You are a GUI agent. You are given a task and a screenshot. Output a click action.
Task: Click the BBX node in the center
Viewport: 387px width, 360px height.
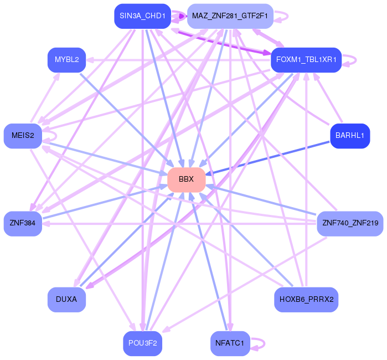click(x=186, y=179)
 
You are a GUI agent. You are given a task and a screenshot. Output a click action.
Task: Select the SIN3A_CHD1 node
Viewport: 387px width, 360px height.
click(x=142, y=16)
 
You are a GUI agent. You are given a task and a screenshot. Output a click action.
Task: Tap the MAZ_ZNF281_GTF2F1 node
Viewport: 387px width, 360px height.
click(x=230, y=16)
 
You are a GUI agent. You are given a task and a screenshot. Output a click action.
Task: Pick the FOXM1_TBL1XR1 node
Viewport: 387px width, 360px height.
click(x=306, y=60)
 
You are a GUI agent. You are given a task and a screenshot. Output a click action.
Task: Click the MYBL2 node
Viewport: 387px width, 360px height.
click(x=66, y=60)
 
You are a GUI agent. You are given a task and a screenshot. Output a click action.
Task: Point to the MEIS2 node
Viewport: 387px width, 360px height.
click(x=23, y=136)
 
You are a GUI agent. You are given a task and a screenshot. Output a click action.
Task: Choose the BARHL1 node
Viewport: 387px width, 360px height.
click(x=349, y=136)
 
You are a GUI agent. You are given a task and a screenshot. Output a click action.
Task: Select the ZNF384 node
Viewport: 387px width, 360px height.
click(x=23, y=223)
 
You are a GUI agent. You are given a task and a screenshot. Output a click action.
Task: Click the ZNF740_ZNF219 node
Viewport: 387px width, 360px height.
click(x=349, y=223)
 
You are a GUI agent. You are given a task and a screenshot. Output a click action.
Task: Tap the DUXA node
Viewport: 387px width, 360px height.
click(x=66, y=299)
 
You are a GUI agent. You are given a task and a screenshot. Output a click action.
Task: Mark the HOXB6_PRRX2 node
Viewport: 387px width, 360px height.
click(x=306, y=299)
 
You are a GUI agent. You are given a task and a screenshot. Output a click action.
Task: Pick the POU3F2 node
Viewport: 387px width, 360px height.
click(x=142, y=343)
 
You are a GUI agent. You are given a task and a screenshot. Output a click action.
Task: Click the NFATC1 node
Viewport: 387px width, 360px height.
click(x=230, y=343)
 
